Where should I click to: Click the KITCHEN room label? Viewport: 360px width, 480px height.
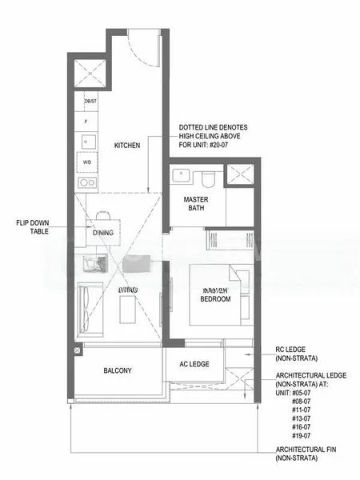[x=127, y=146]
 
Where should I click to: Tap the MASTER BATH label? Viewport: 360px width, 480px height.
[x=196, y=204]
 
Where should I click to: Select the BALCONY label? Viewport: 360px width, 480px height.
[x=117, y=370]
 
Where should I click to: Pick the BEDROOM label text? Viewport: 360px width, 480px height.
[x=215, y=298]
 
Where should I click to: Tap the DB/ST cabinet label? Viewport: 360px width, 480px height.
[x=90, y=101]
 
